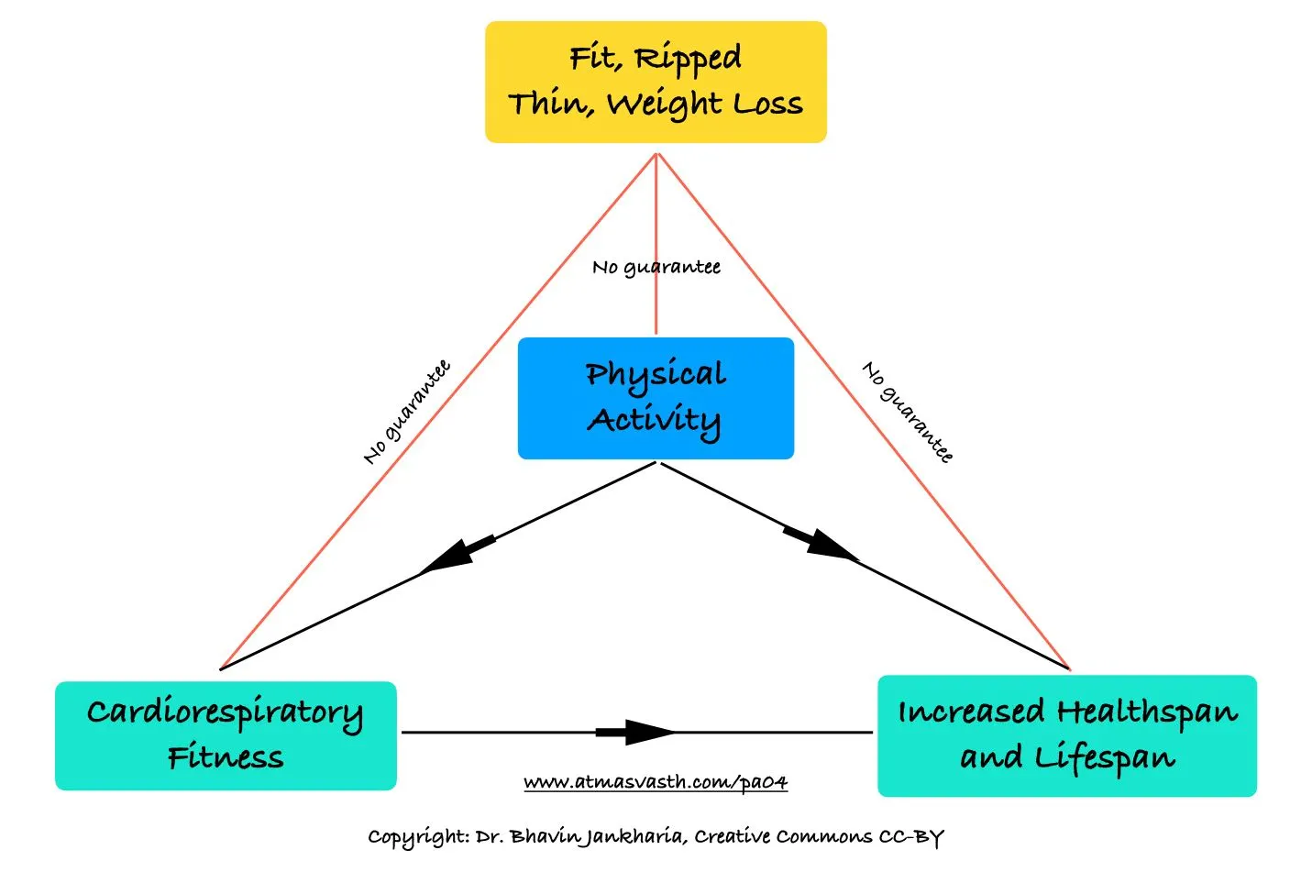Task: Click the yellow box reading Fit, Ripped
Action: [655, 82]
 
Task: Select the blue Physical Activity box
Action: [655, 398]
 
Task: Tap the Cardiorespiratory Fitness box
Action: [226, 735]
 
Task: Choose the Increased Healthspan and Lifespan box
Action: [1066, 735]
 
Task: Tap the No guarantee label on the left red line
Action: [407, 412]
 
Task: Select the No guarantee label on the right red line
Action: [908, 412]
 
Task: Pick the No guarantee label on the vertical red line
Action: [656, 267]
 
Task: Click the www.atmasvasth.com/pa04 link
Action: [655, 782]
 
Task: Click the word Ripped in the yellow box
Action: [689, 59]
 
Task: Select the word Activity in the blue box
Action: [654, 421]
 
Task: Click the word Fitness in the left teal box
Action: [226, 757]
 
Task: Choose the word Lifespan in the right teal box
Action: [1105, 757]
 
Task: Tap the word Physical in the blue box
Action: [656, 374]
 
